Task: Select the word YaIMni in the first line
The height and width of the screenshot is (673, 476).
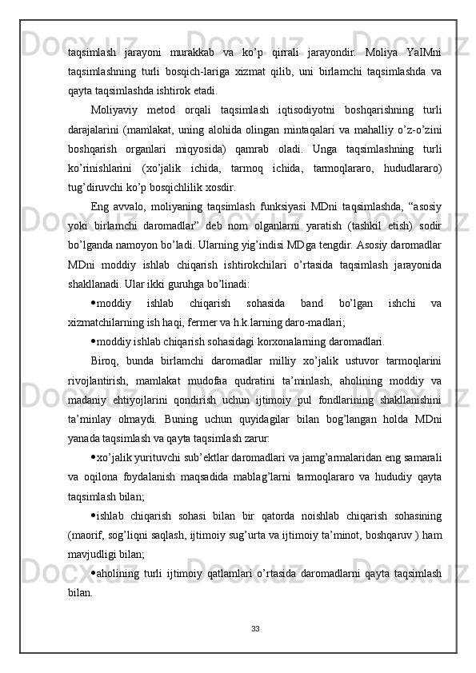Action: click(x=429, y=52)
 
